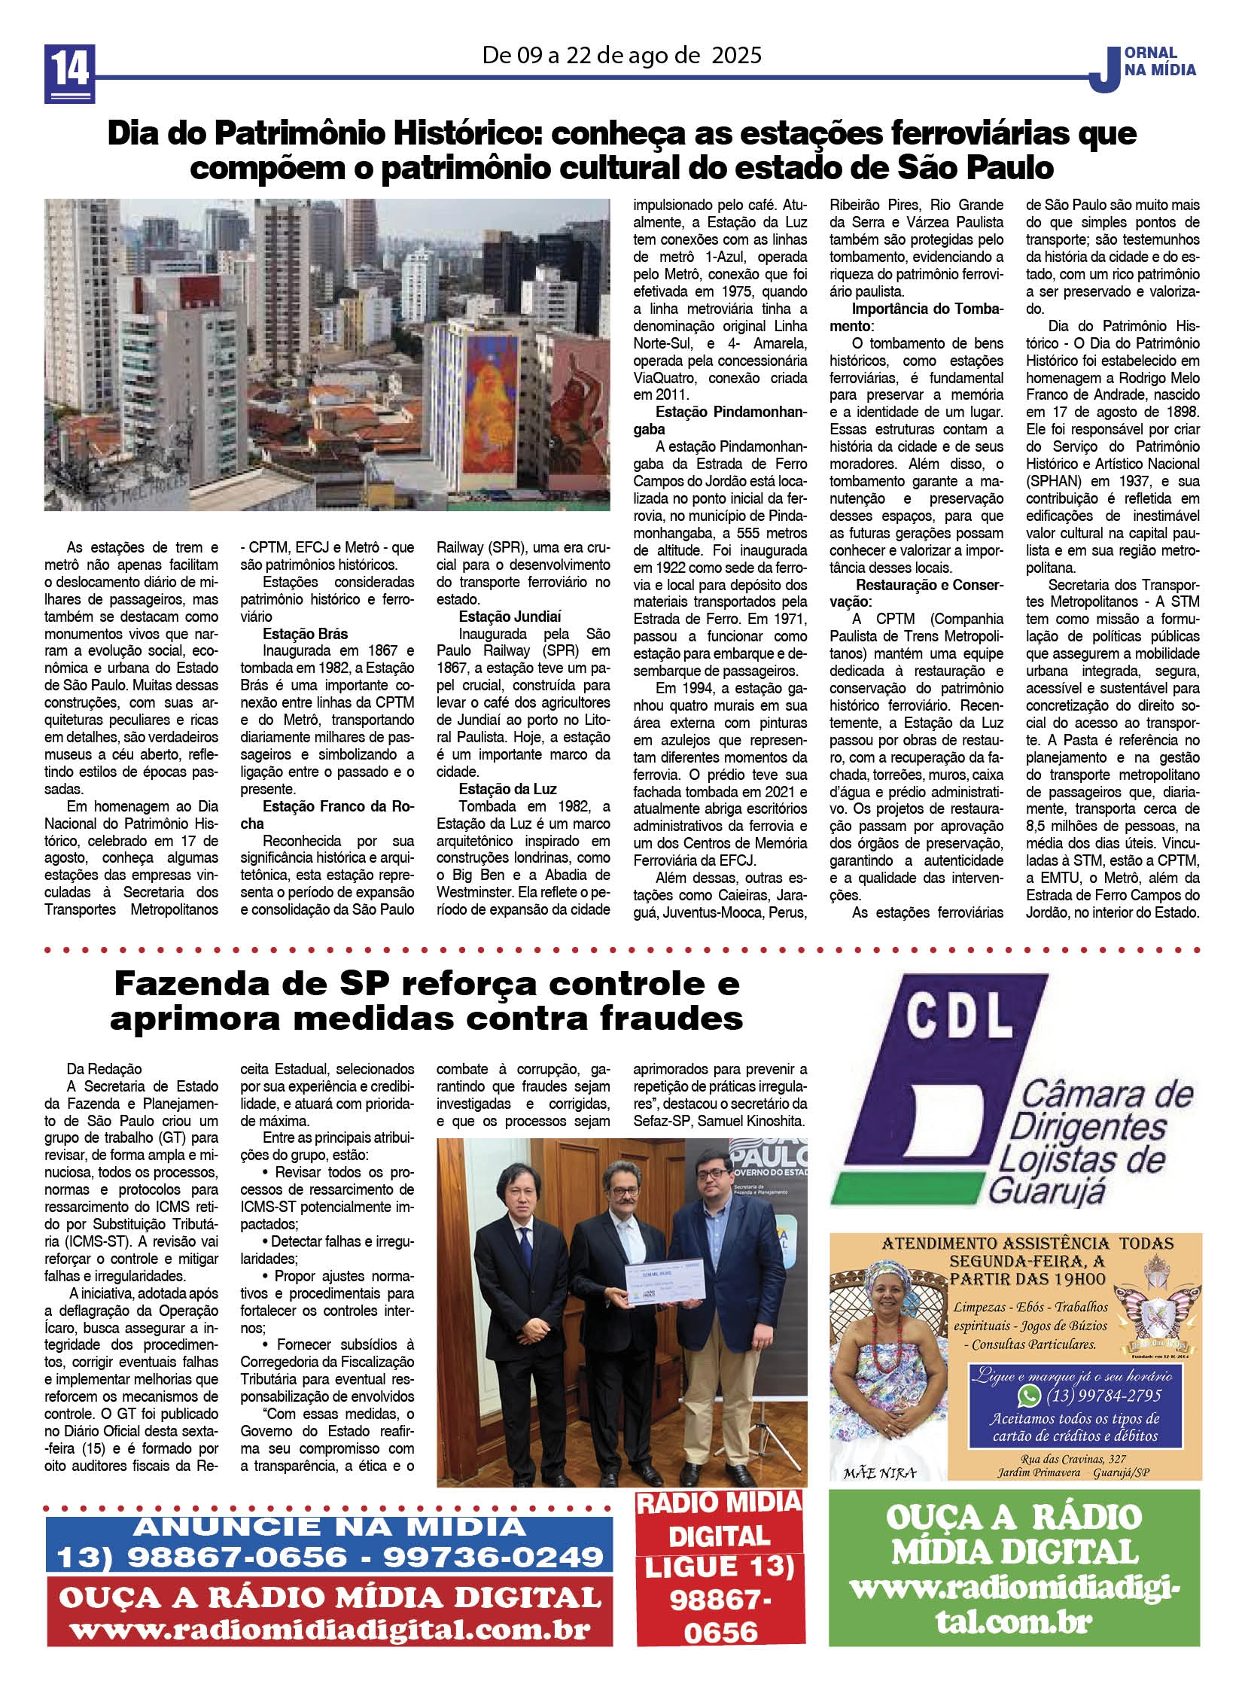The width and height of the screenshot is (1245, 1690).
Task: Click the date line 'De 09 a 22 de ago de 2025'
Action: click(622, 55)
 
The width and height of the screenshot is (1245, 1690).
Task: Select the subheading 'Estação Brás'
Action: click(304, 634)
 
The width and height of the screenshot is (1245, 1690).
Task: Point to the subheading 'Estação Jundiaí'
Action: click(510, 617)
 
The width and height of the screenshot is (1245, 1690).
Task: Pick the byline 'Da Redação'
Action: click(104, 1069)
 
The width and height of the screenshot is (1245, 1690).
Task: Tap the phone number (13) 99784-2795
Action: click(1104, 1396)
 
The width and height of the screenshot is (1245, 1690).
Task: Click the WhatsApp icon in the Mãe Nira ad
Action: click(1028, 1396)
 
